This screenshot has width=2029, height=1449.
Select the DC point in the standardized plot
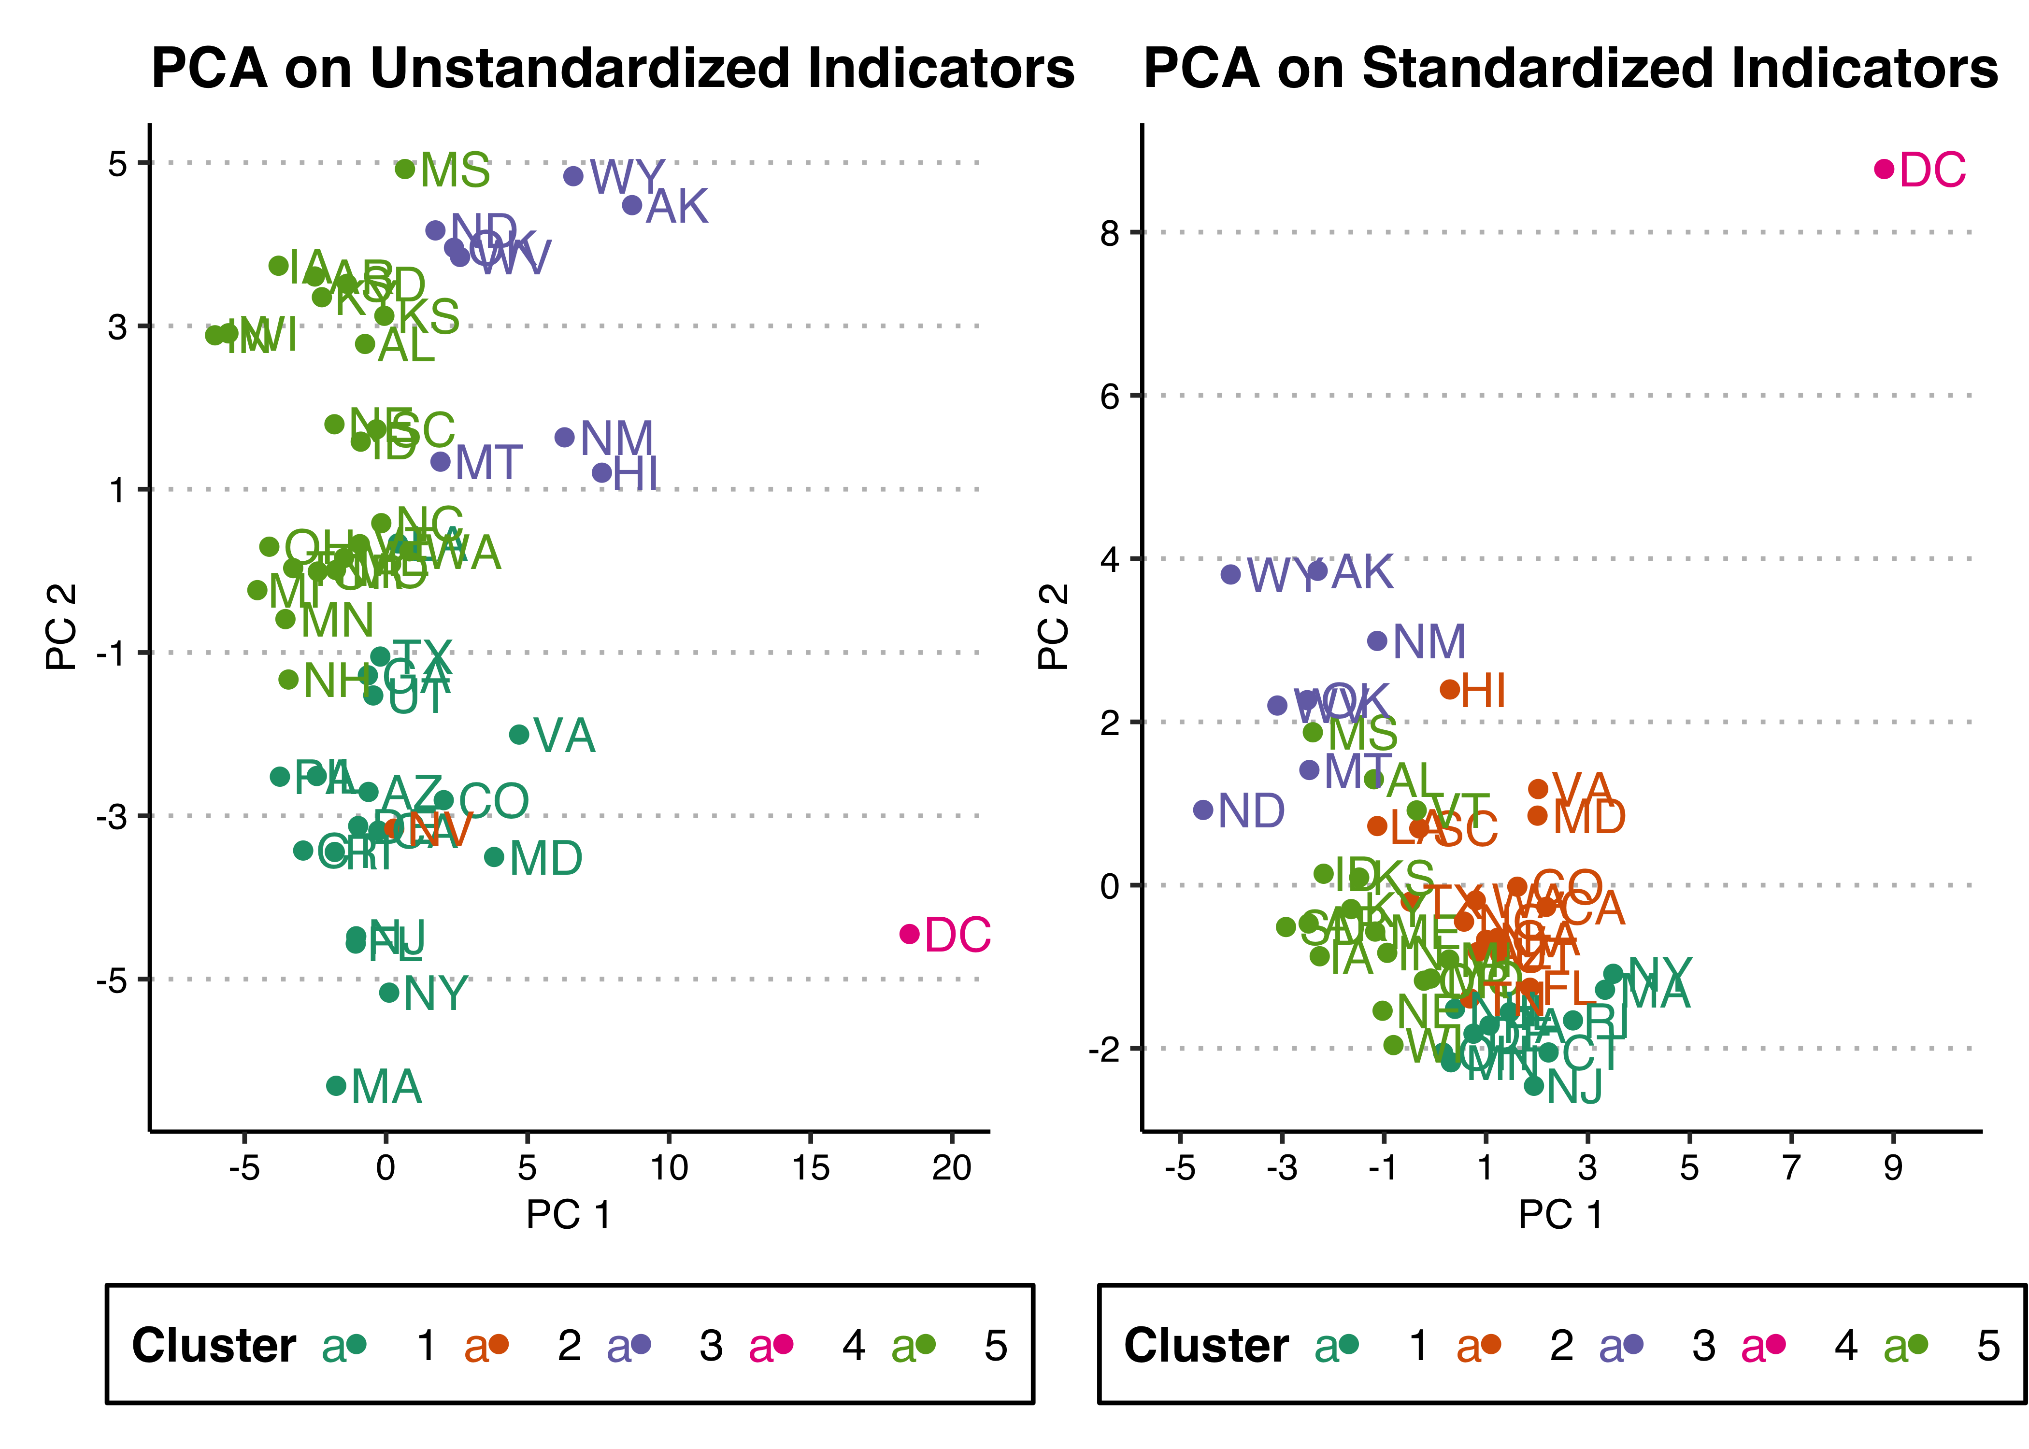coord(1884,169)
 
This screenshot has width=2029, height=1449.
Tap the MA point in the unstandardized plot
coord(336,1086)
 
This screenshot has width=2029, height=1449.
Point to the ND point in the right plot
coord(1203,809)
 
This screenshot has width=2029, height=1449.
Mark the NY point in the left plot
coord(389,992)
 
